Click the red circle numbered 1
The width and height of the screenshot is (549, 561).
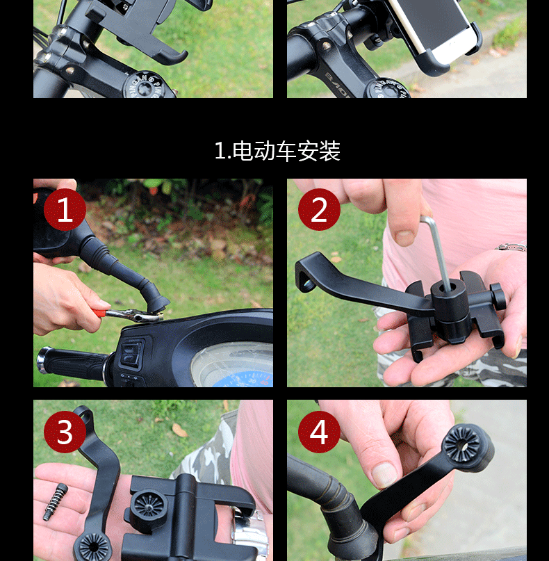point(65,209)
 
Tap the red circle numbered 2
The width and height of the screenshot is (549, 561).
point(319,209)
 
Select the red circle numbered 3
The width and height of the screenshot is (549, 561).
point(65,432)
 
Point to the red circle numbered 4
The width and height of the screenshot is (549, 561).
point(319,432)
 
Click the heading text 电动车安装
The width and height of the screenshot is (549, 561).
point(286,151)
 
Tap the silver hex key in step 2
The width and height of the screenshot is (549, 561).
point(438,250)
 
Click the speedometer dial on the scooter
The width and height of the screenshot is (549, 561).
point(233,367)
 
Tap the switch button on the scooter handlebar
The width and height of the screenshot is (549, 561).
point(131,352)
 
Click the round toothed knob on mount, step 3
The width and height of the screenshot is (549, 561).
point(148,507)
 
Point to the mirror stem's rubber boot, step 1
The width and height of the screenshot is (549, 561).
point(122,272)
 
